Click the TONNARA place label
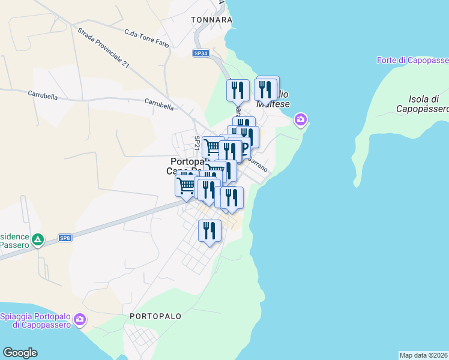[211, 20]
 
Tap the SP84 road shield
[201, 53]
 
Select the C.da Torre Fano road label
[144, 34]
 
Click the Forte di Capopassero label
[413, 60]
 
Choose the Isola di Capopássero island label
[423, 104]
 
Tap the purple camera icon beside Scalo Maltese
[301, 121]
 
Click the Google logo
[20, 353]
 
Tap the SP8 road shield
[65, 238]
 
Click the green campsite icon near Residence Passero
[38, 240]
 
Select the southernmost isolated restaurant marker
[209, 231]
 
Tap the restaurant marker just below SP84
[238, 91]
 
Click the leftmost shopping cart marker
[186, 185]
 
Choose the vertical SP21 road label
[197, 143]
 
